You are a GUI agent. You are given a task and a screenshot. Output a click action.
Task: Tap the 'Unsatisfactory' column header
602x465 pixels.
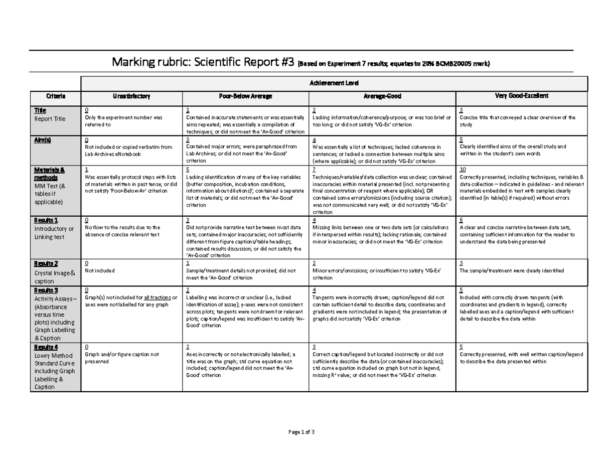[x=132, y=96]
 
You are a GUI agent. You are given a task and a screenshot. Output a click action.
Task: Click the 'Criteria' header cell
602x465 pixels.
[x=56, y=96]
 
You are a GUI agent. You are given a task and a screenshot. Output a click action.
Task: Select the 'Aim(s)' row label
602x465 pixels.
[x=42, y=140]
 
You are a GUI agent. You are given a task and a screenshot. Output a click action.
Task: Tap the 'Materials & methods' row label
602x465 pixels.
[x=46, y=174]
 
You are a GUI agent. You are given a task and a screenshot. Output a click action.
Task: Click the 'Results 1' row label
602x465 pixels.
[x=46, y=220]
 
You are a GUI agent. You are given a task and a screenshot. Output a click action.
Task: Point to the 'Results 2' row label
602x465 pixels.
[x=46, y=264]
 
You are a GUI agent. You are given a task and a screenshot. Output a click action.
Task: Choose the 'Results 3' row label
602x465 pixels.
[x=46, y=290]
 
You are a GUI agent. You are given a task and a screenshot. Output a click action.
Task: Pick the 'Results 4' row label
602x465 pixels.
[x=46, y=347]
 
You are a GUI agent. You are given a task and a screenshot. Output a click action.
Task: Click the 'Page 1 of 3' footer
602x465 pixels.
[x=301, y=432]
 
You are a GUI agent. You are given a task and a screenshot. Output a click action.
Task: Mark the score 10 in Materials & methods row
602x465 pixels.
[x=463, y=170]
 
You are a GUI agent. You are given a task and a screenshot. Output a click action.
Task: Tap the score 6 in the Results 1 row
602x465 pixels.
[x=461, y=220]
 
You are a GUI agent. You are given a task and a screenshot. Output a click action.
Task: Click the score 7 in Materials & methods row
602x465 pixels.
[x=314, y=170]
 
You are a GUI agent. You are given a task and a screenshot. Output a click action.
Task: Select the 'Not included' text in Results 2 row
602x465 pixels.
[x=100, y=270]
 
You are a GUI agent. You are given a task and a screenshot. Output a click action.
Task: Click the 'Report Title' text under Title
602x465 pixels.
[x=50, y=119]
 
